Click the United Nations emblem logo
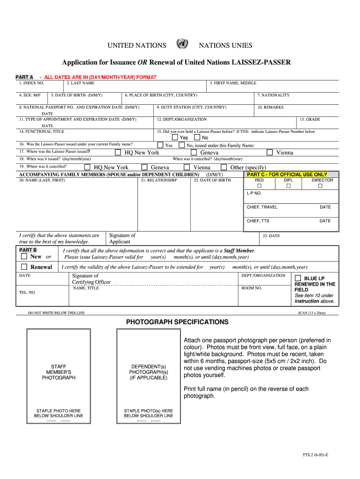coord(182,44)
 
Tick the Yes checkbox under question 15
coord(175,138)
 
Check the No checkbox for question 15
coord(197,138)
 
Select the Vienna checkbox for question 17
coord(270,152)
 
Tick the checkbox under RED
coord(259,186)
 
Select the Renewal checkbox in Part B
coord(24,267)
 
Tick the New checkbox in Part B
coord(24,256)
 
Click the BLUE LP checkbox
coord(298,278)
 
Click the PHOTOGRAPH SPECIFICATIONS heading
coord(177,322)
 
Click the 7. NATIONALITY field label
coord(273,95)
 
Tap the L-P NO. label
coord(254,193)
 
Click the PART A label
coord(24,77)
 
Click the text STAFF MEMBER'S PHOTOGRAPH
coord(58,372)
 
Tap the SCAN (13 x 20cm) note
coord(311,312)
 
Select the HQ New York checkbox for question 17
coord(119,152)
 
